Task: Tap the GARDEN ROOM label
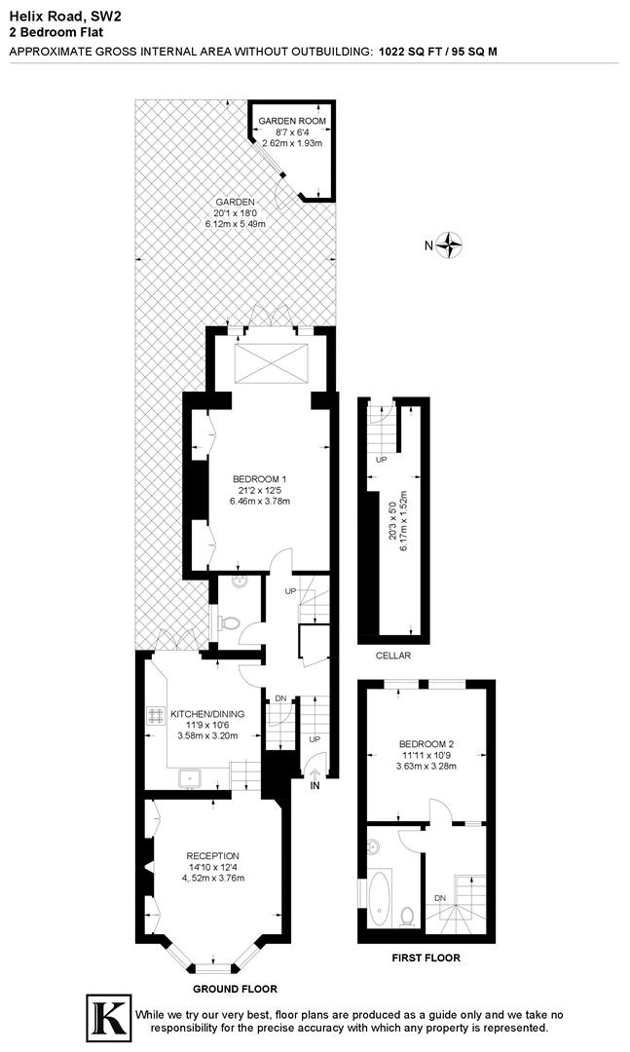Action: tap(292, 121)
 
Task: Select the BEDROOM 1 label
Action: tap(260, 478)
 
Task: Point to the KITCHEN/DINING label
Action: tap(207, 714)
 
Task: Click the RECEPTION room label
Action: tap(212, 855)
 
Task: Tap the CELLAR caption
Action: tap(392, 657)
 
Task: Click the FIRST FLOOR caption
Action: tap(426, 958)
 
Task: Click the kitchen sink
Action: tap(188, 776)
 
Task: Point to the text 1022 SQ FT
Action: tap(410, 53)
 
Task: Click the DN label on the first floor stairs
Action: tap(441, 897)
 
